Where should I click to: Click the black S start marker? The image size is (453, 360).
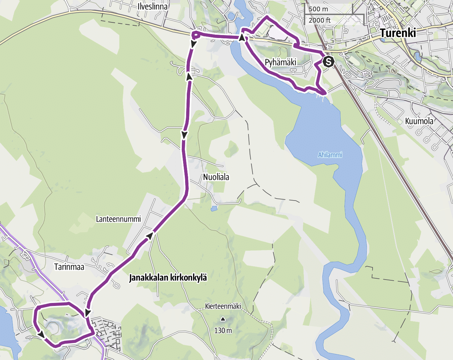point(329,62)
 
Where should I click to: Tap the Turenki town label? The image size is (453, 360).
point(398,33)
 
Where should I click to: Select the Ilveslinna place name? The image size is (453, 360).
point(152,6)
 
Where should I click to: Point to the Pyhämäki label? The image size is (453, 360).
point(281,62)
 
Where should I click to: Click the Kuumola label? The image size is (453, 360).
point(419,121)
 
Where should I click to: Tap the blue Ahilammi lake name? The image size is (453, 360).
point(330,155)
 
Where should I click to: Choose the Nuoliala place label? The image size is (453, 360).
point(216,177)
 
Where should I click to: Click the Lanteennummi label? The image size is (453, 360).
point(118,219)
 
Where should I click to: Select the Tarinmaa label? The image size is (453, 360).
point(69,267)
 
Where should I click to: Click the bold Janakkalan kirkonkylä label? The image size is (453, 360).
point(168,278)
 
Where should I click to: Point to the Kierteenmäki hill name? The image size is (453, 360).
point(223,306)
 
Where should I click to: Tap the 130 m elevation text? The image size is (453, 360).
point(223,331)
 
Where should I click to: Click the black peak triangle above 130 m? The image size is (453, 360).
point(223,319)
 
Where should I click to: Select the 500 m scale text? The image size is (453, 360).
point(318,9)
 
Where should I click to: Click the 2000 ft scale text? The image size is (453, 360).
point(319,20)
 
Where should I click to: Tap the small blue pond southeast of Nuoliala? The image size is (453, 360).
point(214,209)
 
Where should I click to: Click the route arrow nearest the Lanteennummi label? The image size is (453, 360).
point(150,236)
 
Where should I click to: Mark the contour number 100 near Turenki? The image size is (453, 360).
point(393,71)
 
